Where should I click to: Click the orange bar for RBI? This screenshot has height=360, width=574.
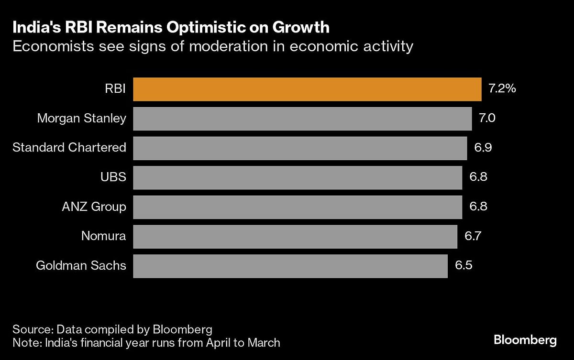click(307, 89)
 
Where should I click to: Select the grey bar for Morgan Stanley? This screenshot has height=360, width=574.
click(302, 119)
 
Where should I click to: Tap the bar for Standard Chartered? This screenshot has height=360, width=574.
click(300, 148)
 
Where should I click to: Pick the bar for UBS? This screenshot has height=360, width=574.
click(298, 178)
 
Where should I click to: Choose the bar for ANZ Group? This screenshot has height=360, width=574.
click(298, 207)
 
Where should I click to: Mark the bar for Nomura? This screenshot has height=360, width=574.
click(295, 237)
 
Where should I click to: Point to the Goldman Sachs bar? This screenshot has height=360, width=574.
click(290, 266)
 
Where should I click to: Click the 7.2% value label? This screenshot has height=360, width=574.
click(502, 89)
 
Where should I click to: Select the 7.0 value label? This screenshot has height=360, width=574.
click(487, 119)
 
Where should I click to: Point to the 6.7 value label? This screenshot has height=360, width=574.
click(473, 237)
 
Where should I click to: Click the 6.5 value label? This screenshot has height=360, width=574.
click(464, 266)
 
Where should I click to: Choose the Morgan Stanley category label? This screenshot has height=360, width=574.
click(82, 119)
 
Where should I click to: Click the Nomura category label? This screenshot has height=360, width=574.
click(103, 236)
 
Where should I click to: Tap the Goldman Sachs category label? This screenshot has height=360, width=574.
click(81, 266)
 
